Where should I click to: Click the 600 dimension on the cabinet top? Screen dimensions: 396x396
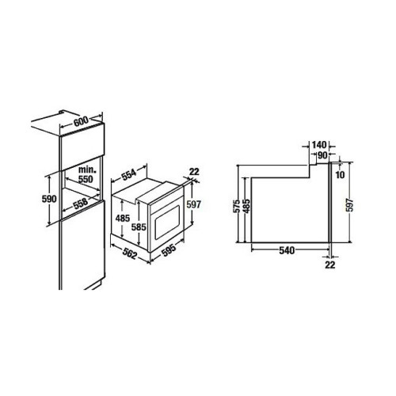click(x=81, y=121)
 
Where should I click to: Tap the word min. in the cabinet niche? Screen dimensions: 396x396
click(x=87, y=169)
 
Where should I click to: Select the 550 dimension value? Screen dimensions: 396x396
click(x=86, y=179)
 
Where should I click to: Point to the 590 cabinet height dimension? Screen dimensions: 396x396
click(x=49, y=199)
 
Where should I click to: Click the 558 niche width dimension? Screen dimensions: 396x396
click(x=80, y=204)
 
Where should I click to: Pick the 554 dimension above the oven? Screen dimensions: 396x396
click(x=129, y=174)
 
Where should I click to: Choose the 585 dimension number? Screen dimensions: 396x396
click(x=139, y=227)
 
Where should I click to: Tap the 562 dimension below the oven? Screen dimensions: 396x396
click(x=130, y=254)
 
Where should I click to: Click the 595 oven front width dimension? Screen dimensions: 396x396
click(x=168, y=250)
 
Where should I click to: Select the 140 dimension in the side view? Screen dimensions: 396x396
click(x=319, y=145)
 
